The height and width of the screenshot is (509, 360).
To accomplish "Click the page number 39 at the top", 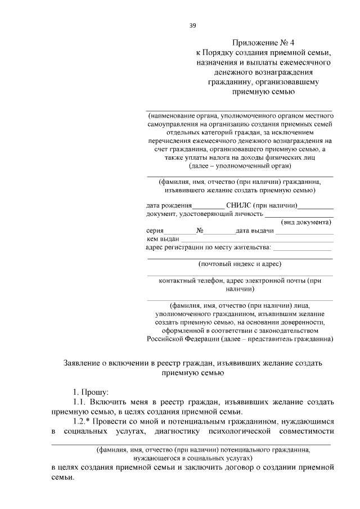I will (192, 25).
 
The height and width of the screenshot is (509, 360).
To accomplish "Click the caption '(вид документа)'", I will (307, 222).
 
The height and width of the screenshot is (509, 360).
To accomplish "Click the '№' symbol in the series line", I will (200, 231).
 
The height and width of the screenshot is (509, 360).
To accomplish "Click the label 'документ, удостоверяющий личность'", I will (205, 214).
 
